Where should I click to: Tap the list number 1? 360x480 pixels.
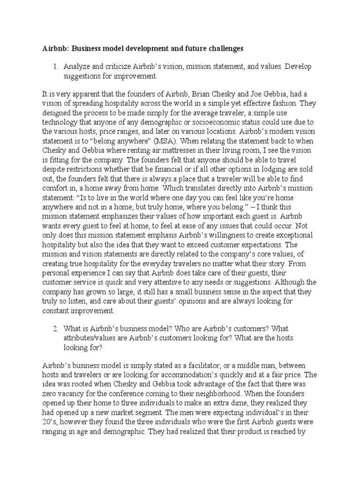tap(55, 67)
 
